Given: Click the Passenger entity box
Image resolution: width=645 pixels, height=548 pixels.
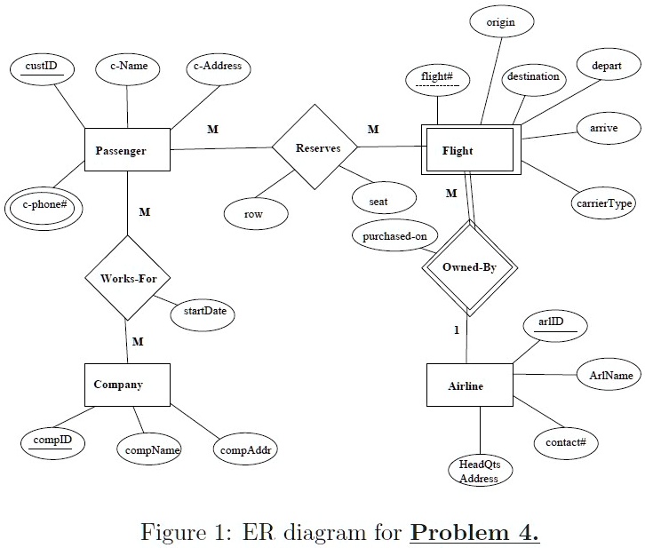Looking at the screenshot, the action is pos(128,149).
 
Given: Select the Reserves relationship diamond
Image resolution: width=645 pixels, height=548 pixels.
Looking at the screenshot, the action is pos(315,147).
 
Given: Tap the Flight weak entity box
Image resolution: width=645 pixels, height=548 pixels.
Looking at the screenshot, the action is pos(471,149).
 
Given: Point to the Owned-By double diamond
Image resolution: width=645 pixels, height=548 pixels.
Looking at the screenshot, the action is pos(469,267).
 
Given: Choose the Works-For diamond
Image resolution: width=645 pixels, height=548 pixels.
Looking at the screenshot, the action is pos(128,278).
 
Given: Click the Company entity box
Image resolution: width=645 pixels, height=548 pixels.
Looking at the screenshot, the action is pos(128,385).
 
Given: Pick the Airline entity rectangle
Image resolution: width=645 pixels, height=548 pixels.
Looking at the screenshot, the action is pos(470,385).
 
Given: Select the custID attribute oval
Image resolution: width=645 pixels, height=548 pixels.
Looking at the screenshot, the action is pos(42,68).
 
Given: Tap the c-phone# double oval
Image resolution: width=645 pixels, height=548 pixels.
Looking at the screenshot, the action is pos(44,208).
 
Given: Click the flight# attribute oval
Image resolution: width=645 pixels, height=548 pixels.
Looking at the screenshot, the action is pos(438,80).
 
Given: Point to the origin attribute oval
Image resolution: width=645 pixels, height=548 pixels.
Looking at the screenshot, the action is pos(502,21).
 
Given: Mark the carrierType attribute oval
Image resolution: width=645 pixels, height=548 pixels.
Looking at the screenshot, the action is pos(604,203).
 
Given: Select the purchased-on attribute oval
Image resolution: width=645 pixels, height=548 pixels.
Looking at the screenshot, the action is pos(394,236).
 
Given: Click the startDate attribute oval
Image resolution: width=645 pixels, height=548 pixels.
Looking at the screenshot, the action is pos(203,315).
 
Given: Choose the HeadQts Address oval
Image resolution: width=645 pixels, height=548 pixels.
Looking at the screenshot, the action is pos(481,471).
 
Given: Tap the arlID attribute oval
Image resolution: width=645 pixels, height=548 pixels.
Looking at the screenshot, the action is pos(555,326).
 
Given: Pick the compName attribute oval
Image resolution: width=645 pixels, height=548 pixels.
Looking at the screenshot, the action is pos(149,449).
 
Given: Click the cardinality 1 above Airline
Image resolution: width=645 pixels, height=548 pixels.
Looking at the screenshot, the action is pos(457,330).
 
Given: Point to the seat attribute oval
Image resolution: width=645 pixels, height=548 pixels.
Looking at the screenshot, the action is pos(384,198).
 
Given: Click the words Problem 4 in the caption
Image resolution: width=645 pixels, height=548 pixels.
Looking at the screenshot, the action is pos(474,532).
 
